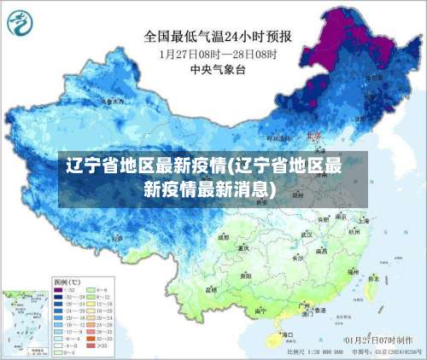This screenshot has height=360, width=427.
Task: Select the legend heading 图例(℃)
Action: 67,282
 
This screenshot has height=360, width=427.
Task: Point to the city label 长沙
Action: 297,256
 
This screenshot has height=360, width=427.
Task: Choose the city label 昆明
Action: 210,289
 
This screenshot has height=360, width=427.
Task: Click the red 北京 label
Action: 314,135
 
